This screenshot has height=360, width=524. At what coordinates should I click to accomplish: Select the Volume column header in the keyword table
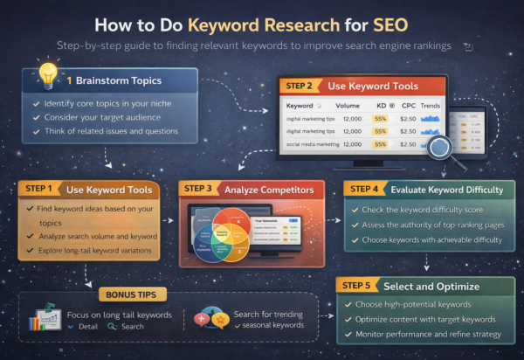pos(347,106)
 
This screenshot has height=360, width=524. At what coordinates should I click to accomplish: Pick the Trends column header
pos(430,106)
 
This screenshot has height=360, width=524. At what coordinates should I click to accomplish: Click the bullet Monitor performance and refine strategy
pos(429,335)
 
